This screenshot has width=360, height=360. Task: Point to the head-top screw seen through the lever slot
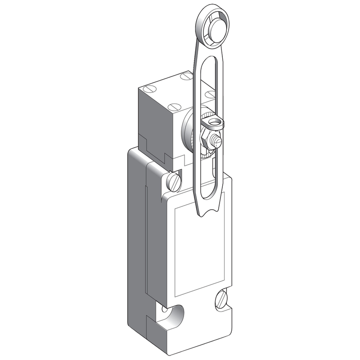point(208,94)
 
